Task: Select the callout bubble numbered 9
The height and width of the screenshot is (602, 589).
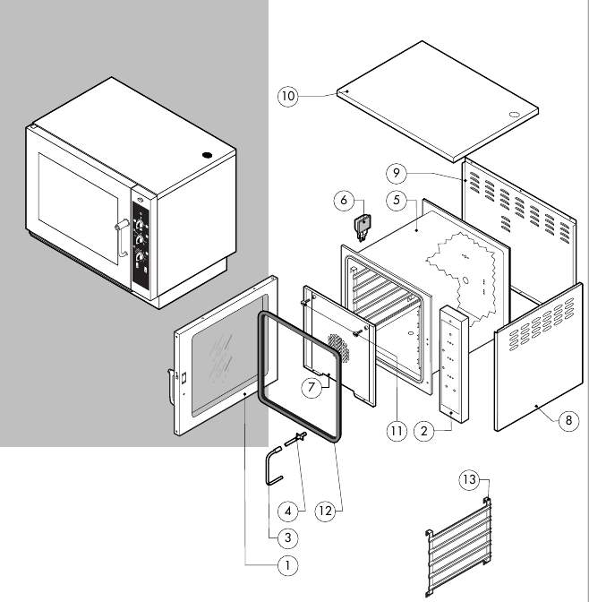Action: pos(398,172)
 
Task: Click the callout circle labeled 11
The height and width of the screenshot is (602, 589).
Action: pos(397,430)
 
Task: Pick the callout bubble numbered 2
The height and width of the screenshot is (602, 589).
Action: pos(427,430)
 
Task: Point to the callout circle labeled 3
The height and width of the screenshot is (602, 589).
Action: pos(287,537)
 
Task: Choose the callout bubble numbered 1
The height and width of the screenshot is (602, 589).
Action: pos(287,565)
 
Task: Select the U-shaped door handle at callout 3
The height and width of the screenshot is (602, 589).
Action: pos(270,469)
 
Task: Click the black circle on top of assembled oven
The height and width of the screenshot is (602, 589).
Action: pos(208,153)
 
